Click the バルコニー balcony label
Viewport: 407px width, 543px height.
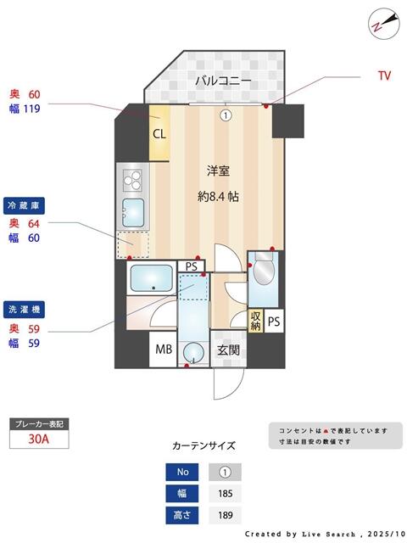pyautogui.click(x=223, y=81)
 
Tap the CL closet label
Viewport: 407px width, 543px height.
pyautogui.click(x=159, y=133)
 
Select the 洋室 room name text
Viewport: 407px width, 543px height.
pyautogui.click(x=218, y=171)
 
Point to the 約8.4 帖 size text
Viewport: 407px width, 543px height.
pyautogui.click(x=218, y=197)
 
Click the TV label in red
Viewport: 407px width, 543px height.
pyautogui.click(x=384, y=76)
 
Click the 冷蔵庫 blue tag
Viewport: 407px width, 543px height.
pyautogui.click(x=23, y=206)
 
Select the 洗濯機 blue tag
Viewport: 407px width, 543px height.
pyautogui.click(x=23, y=310)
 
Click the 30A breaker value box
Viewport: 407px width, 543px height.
pyautogui.click(x=38, y=439)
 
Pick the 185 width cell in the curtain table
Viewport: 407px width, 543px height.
pyautogui.click(x=225, y=493)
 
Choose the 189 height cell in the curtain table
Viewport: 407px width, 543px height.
pyautogui.click(x=225, y=514)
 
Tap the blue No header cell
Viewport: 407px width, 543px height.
pyautogui.click(x=182, y=472)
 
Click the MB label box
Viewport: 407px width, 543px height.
pyautogui.click(x=161, y=349)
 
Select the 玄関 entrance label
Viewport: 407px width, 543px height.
pyautogui.click(x=227, y=349)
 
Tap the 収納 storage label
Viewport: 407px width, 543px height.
pyautogui.click(x=255, y=321)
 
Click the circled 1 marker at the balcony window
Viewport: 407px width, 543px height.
pyautogui.click(x=226, y=115)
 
